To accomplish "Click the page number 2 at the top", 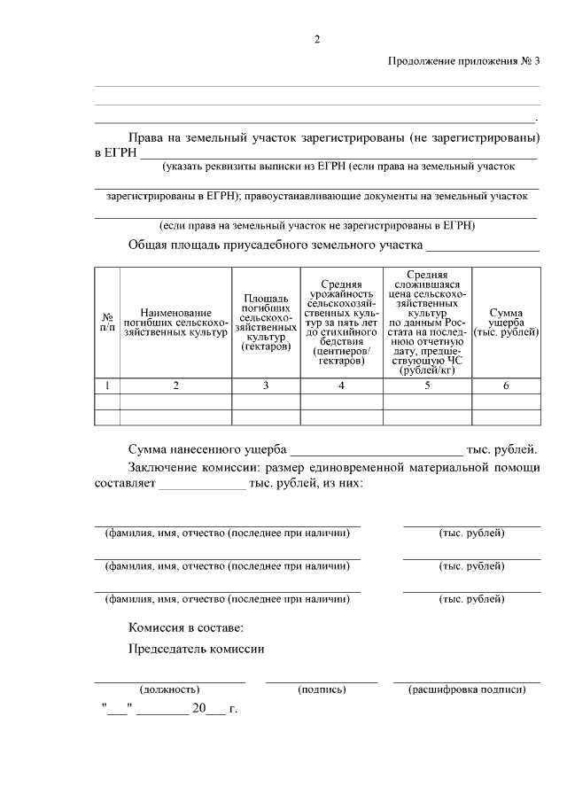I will (316, 38).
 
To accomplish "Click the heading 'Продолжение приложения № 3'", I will (463, 61).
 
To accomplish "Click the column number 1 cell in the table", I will (107, 385).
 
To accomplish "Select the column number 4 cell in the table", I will (340, 385).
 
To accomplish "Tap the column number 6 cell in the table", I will (505, 385).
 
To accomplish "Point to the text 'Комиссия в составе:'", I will (184, 627).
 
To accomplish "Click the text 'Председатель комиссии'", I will (197, 648).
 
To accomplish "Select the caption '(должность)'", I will (169, 689).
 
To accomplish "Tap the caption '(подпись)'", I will (322, 689).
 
